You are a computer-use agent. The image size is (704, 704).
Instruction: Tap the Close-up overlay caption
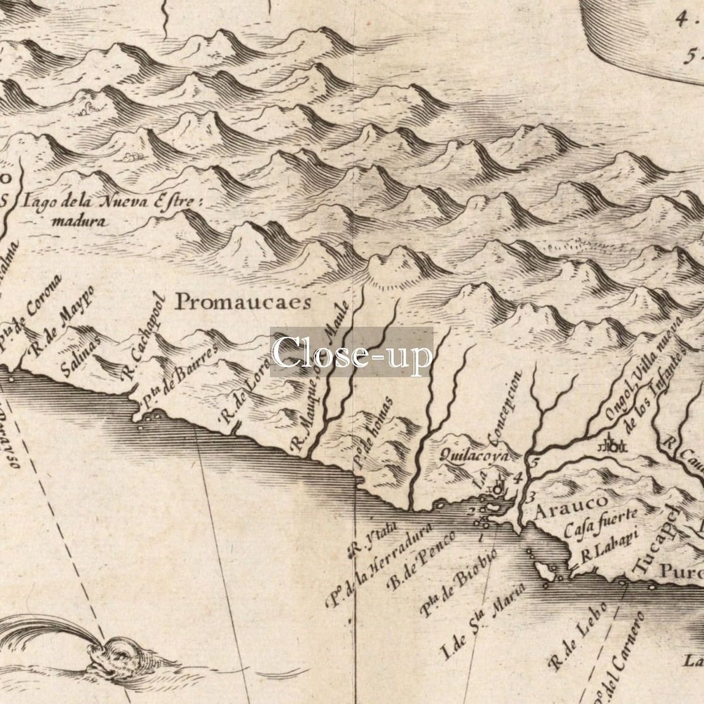pos(351,353)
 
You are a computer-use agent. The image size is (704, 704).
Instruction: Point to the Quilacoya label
pos(474,456)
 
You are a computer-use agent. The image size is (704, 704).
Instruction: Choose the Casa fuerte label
pos(601,524)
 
